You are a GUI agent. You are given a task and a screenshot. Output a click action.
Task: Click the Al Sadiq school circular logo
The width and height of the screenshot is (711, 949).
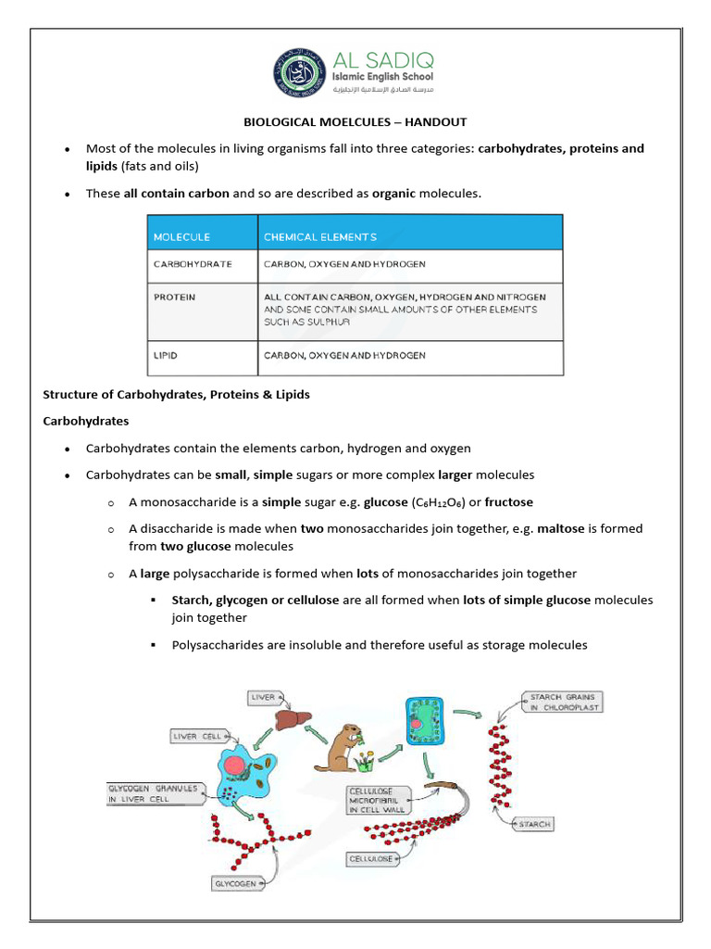[x=298, y=73]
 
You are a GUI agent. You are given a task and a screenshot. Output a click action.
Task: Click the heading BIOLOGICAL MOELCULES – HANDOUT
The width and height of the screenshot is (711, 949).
[x=355, y=121]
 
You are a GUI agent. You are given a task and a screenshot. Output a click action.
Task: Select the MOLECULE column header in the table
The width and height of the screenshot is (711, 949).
[x=181, y=236]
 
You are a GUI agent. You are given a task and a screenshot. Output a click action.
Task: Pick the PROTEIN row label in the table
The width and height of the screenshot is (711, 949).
[x=174, y=297]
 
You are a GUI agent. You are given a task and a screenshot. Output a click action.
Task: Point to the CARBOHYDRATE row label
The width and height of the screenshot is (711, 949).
[x=192, y=264]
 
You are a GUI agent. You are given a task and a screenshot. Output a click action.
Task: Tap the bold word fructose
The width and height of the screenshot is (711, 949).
[x=508, y=501]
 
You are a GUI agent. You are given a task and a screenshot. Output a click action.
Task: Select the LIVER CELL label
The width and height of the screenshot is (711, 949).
[x=196, y=736]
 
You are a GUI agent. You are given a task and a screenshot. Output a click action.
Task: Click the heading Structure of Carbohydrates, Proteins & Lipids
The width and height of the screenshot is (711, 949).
[x=177, y=394]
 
